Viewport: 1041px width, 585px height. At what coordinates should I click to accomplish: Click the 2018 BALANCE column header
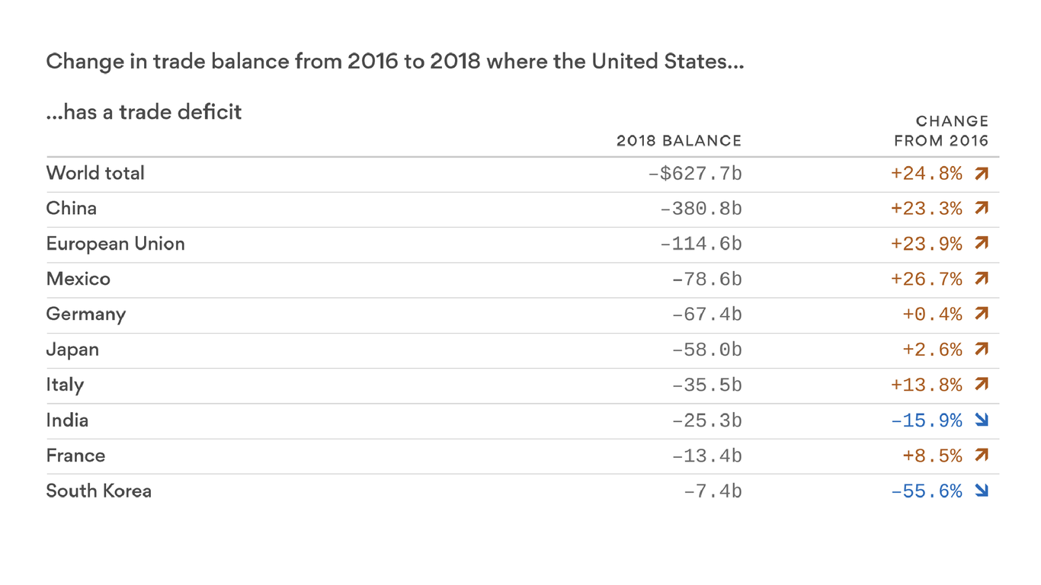tap(678, 141)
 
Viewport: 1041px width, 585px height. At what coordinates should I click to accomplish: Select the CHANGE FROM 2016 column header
tap(941, 131)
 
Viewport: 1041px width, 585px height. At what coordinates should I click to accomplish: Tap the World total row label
tap(95, 174)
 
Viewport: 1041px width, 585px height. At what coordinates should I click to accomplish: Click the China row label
tap(72, 209)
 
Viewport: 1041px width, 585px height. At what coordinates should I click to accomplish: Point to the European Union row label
tap(115, 244)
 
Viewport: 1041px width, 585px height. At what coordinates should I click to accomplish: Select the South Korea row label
tap(99, 491)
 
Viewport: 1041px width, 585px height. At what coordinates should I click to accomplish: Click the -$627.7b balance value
tap(694, 174)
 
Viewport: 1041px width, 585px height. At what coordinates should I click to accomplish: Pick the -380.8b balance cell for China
tap(700, 209)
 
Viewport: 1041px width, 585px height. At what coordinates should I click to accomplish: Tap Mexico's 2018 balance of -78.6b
tap(706, 280)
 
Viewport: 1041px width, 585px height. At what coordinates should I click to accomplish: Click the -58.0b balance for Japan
tap(706, 350)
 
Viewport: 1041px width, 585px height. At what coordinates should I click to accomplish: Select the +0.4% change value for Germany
tap(932, 315)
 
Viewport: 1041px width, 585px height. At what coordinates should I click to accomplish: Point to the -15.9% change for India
tap(926, 420)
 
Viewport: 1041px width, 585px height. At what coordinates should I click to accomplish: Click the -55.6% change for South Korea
tap(926, 491)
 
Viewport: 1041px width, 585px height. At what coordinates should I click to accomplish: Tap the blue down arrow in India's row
tap(982, 420)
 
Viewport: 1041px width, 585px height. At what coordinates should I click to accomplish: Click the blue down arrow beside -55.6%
tap(982, 491)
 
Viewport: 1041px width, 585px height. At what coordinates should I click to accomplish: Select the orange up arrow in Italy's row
tap(982, 385)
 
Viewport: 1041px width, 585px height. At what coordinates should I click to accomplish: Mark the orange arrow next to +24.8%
tap(982, 174)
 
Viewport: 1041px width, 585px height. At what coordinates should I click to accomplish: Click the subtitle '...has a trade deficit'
tap(144, 112)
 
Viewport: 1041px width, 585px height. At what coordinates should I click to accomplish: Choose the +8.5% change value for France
tap(932, 456)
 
